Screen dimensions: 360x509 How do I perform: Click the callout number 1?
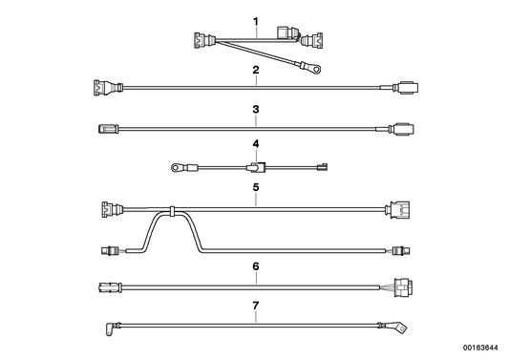point(255,21)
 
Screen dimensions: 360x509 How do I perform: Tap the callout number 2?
point(255,71)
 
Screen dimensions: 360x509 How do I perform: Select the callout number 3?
point(255,110)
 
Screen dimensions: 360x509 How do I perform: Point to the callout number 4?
point(255,145)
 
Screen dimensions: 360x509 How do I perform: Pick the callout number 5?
point(255,188)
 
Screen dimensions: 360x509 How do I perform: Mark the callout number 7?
point(255,307)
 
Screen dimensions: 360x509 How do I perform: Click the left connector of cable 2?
point(100,87)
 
